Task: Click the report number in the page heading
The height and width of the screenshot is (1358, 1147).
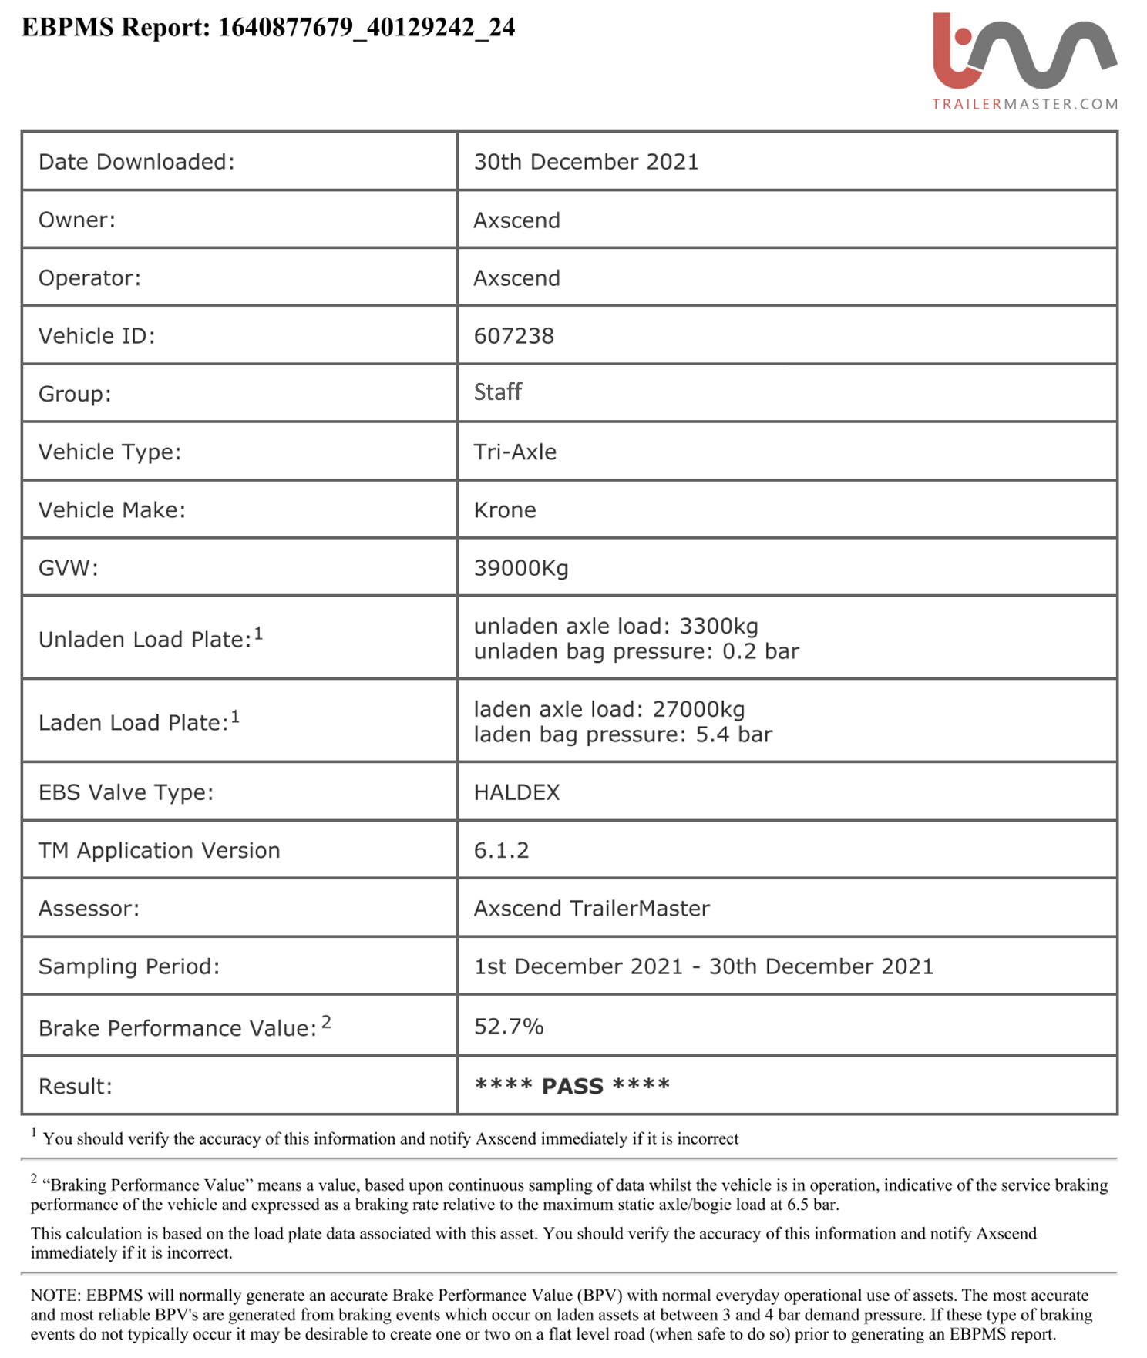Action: coord(366,28)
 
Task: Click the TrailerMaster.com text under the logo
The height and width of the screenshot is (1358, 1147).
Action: coord(1024,104)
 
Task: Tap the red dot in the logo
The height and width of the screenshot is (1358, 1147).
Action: coord(963,36)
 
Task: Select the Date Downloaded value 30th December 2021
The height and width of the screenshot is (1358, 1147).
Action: coord(586,162)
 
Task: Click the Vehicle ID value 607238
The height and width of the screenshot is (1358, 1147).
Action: coord(513,336)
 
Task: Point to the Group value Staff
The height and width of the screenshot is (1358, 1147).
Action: coord(497,392)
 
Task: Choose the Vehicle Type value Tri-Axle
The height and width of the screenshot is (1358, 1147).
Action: coord(515,452)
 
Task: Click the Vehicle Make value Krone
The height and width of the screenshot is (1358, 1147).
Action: coord(505,510)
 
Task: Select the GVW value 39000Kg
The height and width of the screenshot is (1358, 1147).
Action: coord(521,568)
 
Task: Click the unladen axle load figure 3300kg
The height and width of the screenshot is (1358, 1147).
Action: coord(718,626)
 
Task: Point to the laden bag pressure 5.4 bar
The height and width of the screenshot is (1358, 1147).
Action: coord(734,734)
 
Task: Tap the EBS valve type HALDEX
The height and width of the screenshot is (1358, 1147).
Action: coord(516,792)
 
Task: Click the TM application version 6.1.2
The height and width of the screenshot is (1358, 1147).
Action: coord(501,850)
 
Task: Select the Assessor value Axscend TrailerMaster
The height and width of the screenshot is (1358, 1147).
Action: coord(591,909)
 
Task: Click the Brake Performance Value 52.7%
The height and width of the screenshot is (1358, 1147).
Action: coord(509,1027)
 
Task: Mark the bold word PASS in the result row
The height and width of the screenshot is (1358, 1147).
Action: coord(572,1087)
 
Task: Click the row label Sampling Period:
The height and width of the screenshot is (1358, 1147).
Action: coord(129,966)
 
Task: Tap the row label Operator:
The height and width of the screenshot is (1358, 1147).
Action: coord(89,278)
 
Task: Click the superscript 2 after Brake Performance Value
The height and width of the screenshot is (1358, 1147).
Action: coord(326,1022)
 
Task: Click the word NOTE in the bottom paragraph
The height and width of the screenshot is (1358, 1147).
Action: coord(55,1296)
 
